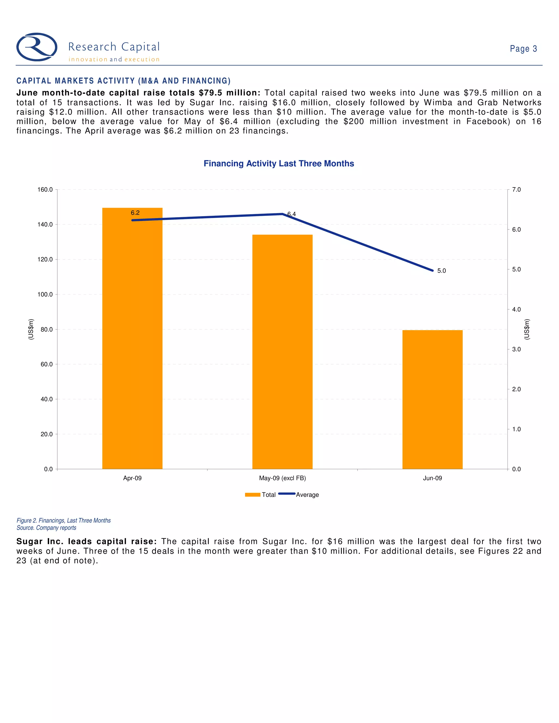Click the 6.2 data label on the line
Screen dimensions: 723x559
[135, 213]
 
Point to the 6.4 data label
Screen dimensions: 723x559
[292, 214]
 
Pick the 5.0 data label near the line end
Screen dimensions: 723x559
[441, 271]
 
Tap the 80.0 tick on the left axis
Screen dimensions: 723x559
[46, 329]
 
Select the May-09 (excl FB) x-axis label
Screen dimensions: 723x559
[282, 478]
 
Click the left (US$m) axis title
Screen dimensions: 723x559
[31, 329]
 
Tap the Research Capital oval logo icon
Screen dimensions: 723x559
[37, 47]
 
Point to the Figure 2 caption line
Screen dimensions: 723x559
[64, 520]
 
